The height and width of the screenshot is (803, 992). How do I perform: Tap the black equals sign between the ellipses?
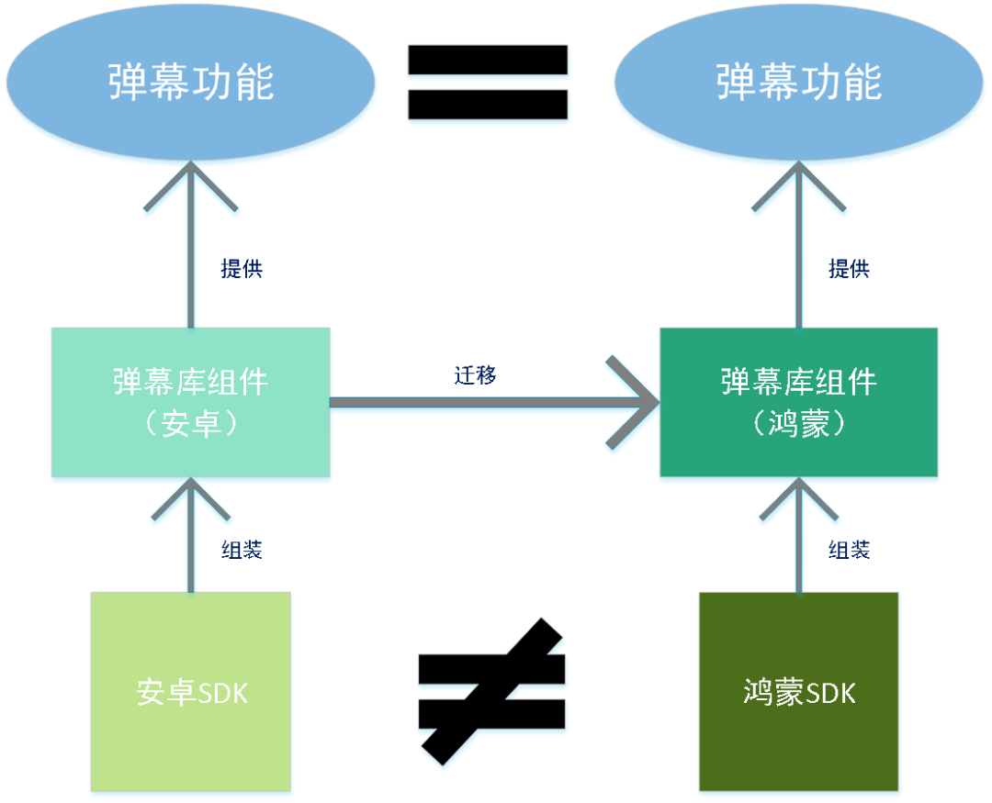point(488,83)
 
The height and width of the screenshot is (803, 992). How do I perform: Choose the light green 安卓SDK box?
point(191,690)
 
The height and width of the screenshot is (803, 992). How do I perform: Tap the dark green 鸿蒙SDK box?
point(798,690)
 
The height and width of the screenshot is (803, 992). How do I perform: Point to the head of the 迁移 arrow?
point(643,402)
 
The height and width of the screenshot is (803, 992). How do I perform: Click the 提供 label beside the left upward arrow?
point(242,269)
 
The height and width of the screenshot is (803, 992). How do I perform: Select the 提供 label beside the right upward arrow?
point(849,269)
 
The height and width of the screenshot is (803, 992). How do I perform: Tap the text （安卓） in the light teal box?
point(190,424)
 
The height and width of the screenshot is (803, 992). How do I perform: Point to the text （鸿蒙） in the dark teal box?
point(798,424)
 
